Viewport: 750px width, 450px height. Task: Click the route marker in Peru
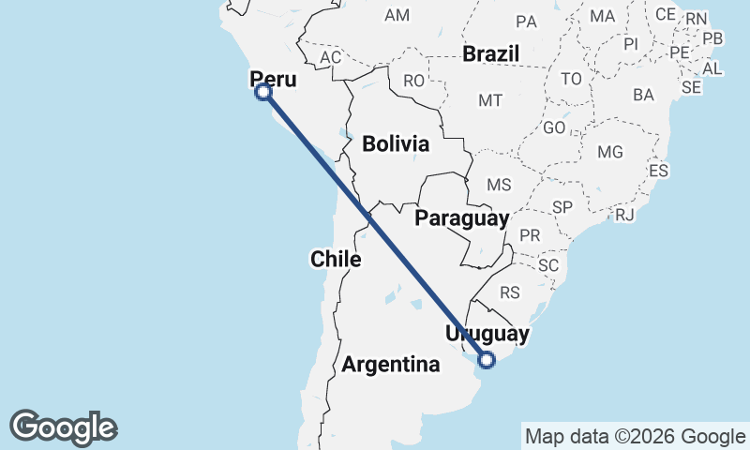pyautogui.click(x=263, y=92)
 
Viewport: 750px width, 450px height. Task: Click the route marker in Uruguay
pyautogui.click(x=487, y=359)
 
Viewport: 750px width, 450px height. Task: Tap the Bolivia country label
pyautogui.click(x=396, y=144)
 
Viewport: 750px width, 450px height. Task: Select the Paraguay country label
pyautogui.click(x=462, y=218)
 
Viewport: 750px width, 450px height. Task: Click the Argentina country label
pyautogui.click(x=391, y=365)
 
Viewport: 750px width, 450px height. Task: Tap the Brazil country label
pyautogui.click(x=490, y=53)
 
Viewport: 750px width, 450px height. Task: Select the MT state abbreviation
pyautogui.click(x=490, y=100)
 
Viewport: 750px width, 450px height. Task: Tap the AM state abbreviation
pyautogui.click(x=397, y=15)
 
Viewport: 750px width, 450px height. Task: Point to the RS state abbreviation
pyautogui.click(x=510, y=292)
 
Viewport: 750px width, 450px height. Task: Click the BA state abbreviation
pyautogui.click(x=643, y=95)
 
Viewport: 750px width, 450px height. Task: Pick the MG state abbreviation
pyautogui.click(x=610, y=152)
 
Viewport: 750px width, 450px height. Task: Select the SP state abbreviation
pyautogui.click(x=562, y=207)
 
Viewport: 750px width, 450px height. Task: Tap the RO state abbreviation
pyautogui.click(x=414, y=82)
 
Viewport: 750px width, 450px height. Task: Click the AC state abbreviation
pyautogui.click(x=330, y=57)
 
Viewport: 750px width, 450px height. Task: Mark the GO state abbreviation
pyautogui.click(x=555, y=127)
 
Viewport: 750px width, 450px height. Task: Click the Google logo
pyautogui.click(x=63, y=427)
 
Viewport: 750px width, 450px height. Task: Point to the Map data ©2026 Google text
pyautogui.click(x=635, y=436)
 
